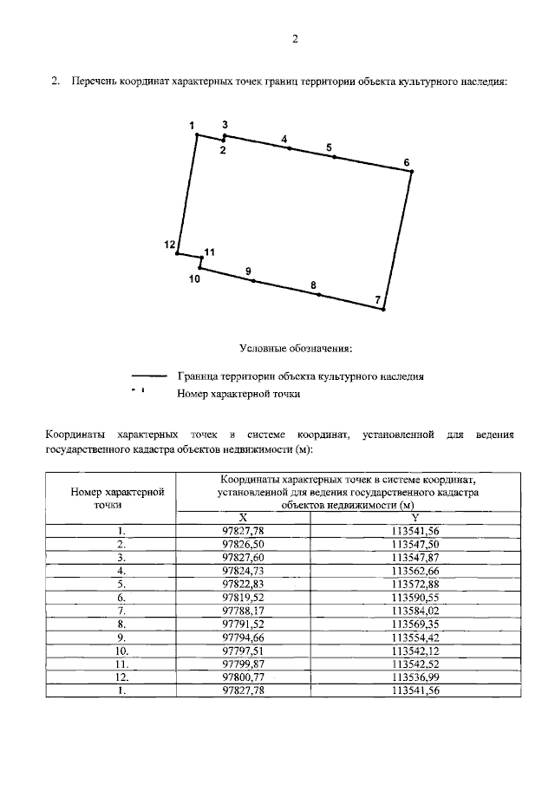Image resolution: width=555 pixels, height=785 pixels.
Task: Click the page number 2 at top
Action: click(x=295, y=39)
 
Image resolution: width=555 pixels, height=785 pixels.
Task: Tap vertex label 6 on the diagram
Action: click(x=407, y=162)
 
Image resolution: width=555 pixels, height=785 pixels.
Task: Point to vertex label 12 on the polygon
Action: click(x=170, y=245)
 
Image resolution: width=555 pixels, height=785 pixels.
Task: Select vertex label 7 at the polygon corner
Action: click(x=377, y=300)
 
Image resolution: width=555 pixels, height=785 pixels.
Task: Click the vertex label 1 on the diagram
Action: click(x=193, y=127)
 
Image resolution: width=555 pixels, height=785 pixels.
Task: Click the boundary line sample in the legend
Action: click(x=148, y=376)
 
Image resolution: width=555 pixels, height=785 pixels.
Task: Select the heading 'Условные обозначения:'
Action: click(x=296, y=349)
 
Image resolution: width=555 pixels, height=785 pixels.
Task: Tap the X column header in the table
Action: click(x=243, y=516)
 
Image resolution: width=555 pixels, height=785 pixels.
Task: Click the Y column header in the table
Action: click(x=415, y=516)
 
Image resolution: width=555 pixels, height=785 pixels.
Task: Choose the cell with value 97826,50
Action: click(x=243, y=543)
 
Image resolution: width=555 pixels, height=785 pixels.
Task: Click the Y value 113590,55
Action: click(x=415, y=599)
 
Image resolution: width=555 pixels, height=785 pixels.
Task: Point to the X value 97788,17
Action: click(x=243, y=612)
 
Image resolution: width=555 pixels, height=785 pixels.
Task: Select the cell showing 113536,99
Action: click(x=415, y=677)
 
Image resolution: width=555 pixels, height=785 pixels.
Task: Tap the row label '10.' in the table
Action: click(x=122, y=649)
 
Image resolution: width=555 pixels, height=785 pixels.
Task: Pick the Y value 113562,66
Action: click(x=415, y=571)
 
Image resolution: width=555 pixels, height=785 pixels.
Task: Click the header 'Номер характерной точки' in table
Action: click(x=110, y=496)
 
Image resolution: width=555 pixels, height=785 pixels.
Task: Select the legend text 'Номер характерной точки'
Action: click(x=238, y=394)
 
